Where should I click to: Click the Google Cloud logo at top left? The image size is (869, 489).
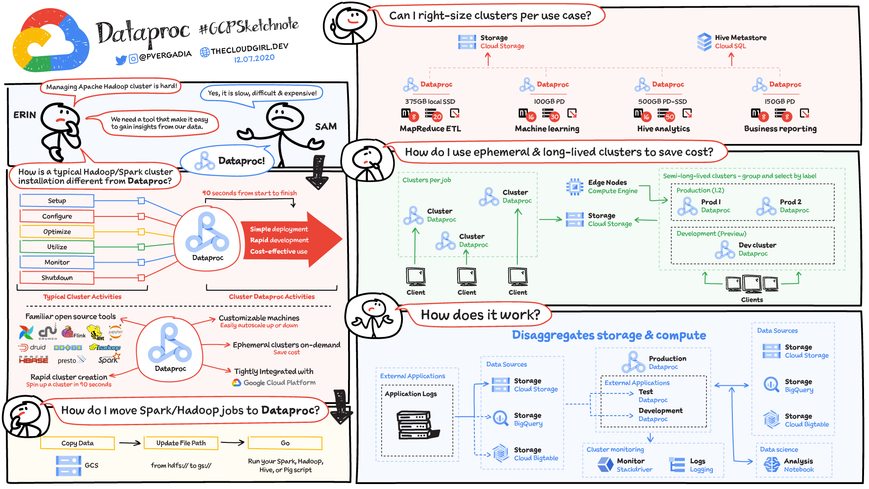tap(51, 41)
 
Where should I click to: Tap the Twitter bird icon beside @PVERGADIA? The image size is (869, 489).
tap(121, 60)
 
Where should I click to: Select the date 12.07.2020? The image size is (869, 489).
tap(254, 58)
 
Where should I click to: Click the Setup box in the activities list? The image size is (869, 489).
tap(57, 201)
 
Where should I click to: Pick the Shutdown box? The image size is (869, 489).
tap(57, 278)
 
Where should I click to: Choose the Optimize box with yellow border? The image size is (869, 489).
tap(57, 231)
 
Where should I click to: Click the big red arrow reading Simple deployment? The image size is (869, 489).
tap(290, 240)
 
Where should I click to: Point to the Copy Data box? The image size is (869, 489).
tap(77, 443)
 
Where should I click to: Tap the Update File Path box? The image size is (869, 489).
tap(181, 443)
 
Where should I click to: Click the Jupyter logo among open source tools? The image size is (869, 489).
tap(115, 331)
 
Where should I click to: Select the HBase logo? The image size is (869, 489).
tap(33, 360)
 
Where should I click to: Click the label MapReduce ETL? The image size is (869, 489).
tap(430, 129)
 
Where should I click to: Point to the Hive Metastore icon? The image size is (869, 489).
tap(704, 42)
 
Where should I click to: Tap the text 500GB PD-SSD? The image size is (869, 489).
tap(662, 101)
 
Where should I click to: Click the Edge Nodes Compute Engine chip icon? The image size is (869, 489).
tap(575, 187)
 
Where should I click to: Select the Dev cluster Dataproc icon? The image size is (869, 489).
tap(725, 249)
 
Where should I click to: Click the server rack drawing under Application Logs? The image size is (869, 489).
tap(418, 425)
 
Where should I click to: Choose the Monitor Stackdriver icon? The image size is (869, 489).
tap(605, 465)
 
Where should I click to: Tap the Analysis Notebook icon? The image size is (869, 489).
tap(771, 465)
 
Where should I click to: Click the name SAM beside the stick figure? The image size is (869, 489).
tap(326, 126)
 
